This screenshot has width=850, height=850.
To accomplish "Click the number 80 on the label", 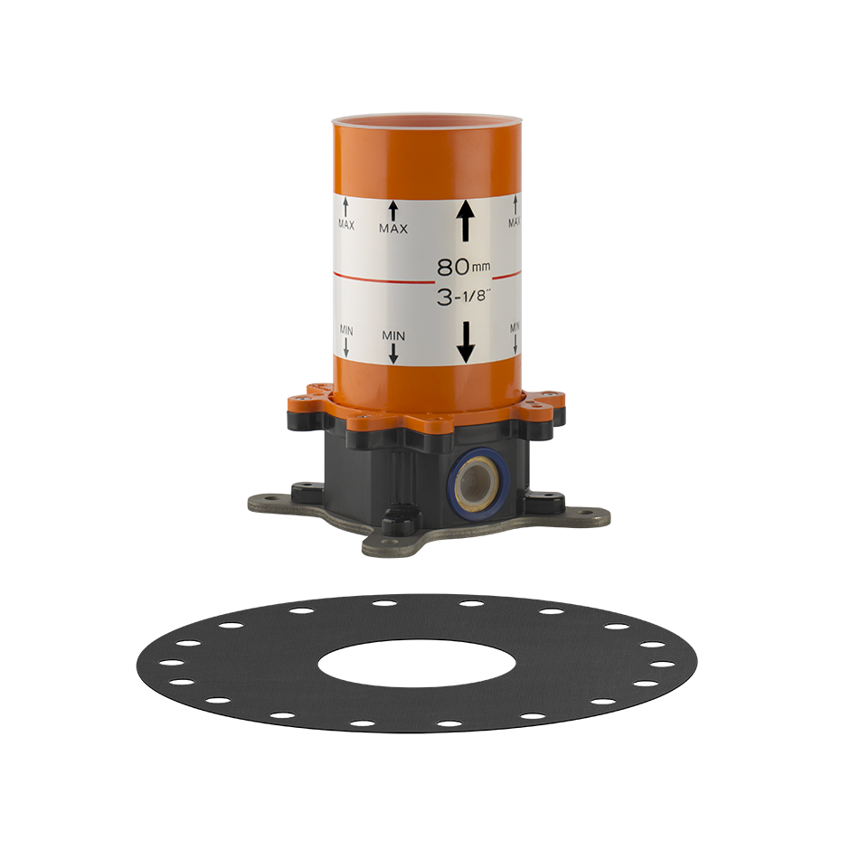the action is point(453,267).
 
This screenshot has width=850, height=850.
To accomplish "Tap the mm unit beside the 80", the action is point(481,267).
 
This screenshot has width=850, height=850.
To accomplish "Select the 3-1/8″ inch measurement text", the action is point(464,297).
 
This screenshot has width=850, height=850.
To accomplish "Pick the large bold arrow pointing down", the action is point(466,343).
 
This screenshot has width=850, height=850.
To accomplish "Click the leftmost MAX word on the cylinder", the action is point(345,224).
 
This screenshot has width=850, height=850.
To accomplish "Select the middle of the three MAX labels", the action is point(393,229).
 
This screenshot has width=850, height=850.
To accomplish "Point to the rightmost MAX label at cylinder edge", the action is point(514,222).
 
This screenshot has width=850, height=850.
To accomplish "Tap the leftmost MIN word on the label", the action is point(345,329).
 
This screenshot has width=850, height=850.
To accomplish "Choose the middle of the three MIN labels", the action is point(393,336).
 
